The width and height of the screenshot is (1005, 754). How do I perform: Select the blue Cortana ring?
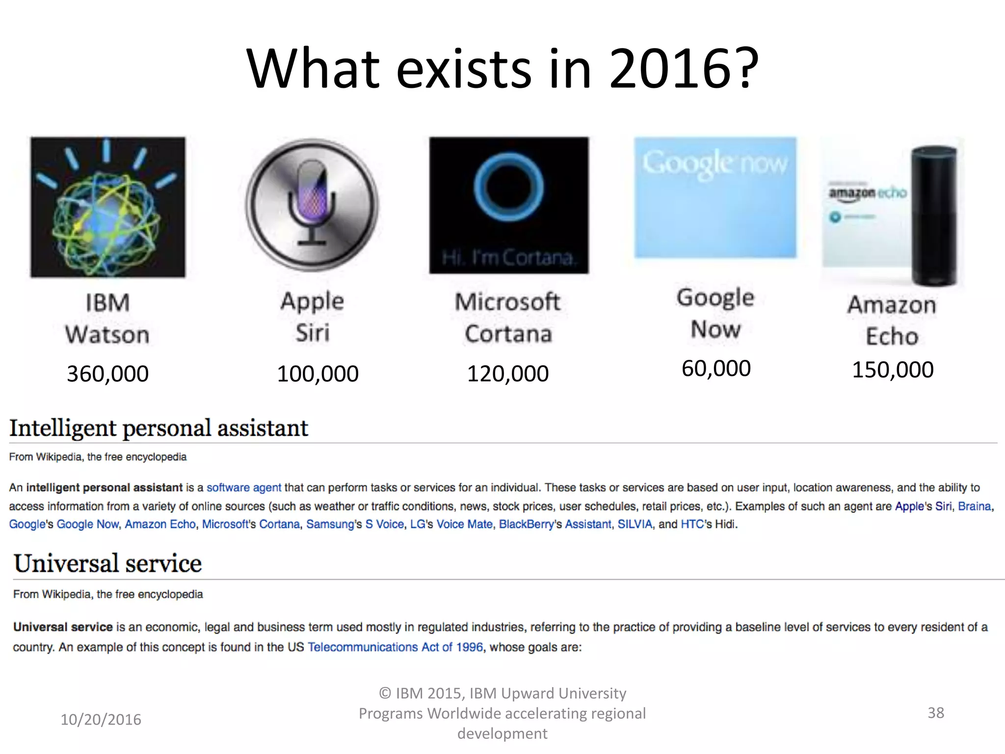click(x=509, y=187)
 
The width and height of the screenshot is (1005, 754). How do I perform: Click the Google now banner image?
click(x=715, y=197)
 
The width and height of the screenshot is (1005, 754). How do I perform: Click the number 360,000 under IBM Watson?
click(x=107, y=374)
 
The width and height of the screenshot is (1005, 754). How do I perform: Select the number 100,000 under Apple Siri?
click(x=317, y=374)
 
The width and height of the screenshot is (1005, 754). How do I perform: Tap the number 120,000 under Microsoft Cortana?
click(x=507, y=374)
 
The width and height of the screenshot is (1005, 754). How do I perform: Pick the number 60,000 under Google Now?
click(x=716, y=369)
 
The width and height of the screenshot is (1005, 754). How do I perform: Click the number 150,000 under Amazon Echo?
click(x=893, y=370)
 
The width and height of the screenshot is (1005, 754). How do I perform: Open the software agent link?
click(x=244, y=488)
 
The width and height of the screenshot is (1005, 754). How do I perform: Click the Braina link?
click(x=974, y=507)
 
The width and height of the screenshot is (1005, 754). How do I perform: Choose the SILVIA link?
click(x=635, y=524)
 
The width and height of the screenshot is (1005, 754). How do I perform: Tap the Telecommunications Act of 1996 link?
click(x=395, y=647)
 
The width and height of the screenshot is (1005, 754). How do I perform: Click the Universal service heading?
click(x=107, y=564)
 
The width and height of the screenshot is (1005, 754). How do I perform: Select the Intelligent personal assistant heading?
click(x=159, y=428)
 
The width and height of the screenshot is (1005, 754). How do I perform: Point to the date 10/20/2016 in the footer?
click(x=101, y=720)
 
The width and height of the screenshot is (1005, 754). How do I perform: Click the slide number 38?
click(x=935, y=713)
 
